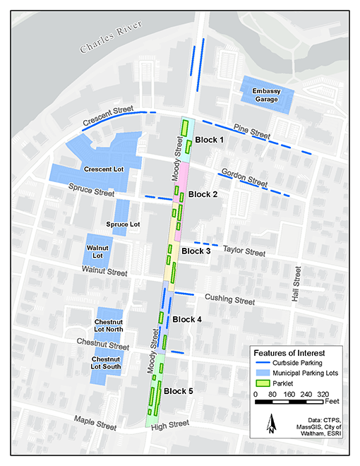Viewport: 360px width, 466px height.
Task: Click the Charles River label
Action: pyautogui.click(x=111, y=37)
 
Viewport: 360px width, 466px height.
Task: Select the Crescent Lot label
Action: pyautogui.click(x=104, y=170)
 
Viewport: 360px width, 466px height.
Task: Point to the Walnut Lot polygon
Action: pyautogui.click(x=98, y=251)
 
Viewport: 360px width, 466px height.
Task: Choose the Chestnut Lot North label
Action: pyautogui.click(x=109, y=325)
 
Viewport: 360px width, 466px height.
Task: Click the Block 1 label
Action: pyautogui.click(x=209, y=140)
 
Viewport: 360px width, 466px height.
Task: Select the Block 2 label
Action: pyautogui.click(x=203, y=194)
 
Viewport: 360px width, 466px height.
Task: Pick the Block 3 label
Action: pyautogui.click(x=196, y=251)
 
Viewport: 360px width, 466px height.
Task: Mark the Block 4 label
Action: pyautogui.click(x=187, y=319)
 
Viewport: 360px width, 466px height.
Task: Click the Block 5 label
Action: pyautogui.click(x=178, y=390)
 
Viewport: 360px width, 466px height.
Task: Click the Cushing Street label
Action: pyautogui.click(x=229, y=300)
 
